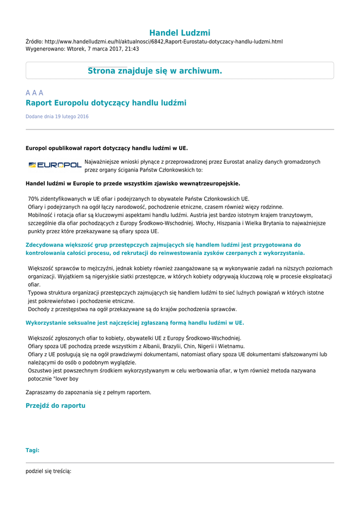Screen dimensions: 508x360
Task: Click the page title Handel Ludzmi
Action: point(180,33)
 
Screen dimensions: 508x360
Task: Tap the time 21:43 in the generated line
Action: point(132,49)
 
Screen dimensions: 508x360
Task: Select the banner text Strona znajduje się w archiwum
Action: point(155,71)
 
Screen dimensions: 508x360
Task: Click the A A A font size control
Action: point(34,93)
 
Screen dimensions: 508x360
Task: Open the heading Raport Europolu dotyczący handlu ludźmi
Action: point(106,103)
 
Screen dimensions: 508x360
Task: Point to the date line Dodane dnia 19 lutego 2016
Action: point(57,117)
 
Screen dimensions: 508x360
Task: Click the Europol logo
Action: point(55,165)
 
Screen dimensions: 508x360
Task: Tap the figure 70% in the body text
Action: point(33,199)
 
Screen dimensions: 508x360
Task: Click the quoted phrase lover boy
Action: point(65,379)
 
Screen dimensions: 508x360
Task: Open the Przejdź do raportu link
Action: point(56,406)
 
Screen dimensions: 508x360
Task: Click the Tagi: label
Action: point(32,450)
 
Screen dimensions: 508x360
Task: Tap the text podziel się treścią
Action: point(48,471)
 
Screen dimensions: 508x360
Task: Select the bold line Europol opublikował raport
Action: point(107,148)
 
